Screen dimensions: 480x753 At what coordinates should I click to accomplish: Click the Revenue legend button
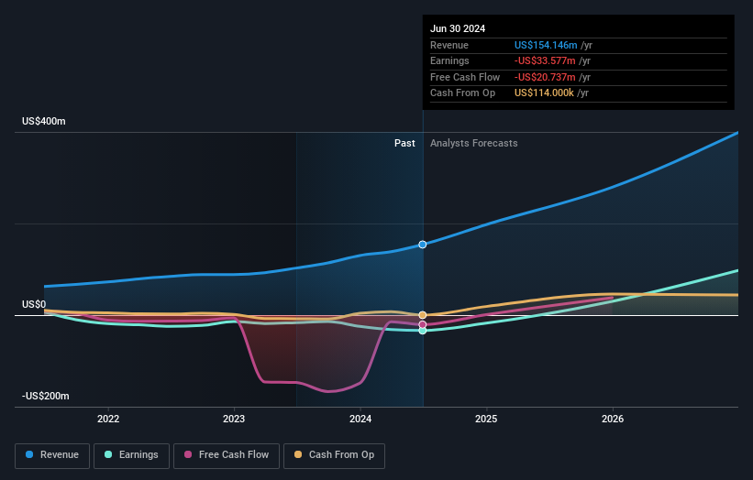pyautogui.click(x=52, y=454)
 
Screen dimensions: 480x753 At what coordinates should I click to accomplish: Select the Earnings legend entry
pyautogui.click(x=131, y=454)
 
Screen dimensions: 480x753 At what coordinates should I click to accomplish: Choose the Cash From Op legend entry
pyautogui.click(x=334, y=454)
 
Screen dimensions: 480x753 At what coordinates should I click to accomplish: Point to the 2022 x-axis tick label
pyautogui.click(x=108, y=419)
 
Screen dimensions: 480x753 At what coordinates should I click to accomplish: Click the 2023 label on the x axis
pyautogui.click(x=234, y=419)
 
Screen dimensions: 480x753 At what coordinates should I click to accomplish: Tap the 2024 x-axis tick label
pyautogui.click(x=360, y=419)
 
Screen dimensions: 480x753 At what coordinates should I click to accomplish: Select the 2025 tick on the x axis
pyautogui.click(x=486, y=419)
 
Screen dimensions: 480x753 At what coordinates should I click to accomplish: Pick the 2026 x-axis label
pyautogui.click(x=613, y=419)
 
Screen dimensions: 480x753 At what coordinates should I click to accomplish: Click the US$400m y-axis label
pyautogui.click(x=45, y=121)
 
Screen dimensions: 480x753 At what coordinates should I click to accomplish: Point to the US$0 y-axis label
pyautogui.click(x=34, y=304)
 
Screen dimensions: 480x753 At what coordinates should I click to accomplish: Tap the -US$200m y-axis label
pyautogui.click(x=47, y=396)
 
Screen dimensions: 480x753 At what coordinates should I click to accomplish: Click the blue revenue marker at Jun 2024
pyautogui.click(x=423, y=245)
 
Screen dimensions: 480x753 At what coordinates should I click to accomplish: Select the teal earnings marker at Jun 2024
pyautogui.click(x=423, y=331)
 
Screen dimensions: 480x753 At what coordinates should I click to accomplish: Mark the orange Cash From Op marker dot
pyautogui.click(x=423, y=315)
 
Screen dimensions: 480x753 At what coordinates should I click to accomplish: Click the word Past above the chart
pyautogui.click(x=404, y=143)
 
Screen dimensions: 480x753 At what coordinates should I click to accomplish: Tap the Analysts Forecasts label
pyautogui.click(x=473, y=143)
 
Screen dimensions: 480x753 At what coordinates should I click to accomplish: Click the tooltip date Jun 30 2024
pyautogui.click(x=458, y=28)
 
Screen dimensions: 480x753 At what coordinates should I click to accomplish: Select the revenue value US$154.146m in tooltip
pyautogui.click(x=547, y=45)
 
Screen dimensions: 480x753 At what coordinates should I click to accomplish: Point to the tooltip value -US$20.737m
pyautogui.click(x=547, y=77)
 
